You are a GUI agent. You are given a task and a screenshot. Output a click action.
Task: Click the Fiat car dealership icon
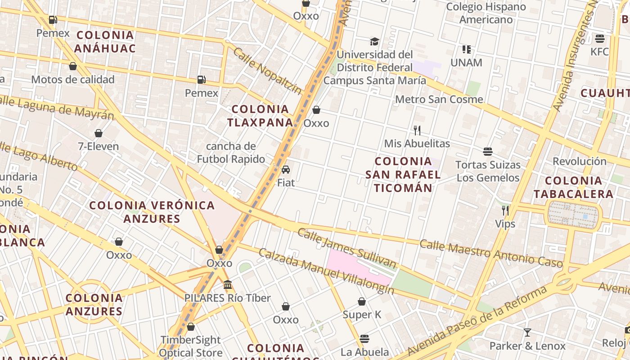coord(285,170)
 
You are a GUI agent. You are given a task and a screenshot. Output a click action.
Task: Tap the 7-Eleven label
coord(98,146)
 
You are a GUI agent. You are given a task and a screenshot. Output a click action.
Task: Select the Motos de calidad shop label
coord(73,80)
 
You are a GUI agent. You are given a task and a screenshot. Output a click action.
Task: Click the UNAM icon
coord(466,49)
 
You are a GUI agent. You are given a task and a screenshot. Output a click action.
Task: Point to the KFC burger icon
coord(599,38)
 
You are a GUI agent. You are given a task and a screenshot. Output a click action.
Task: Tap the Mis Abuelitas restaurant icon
coord(417,130)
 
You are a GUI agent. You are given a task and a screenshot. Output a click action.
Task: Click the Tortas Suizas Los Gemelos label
coord(488,171)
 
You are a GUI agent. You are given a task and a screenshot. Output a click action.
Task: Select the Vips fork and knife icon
coord(505,211)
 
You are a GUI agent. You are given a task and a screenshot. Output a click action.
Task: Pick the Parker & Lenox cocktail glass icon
coord(527,333)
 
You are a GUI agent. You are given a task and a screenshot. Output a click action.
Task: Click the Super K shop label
coord(362,315)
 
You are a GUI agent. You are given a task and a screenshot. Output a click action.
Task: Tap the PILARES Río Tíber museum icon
coord(228,285)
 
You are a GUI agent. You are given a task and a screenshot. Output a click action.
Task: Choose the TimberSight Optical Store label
coord(191,346)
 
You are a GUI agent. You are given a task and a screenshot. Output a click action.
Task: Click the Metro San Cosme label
coord(439,99)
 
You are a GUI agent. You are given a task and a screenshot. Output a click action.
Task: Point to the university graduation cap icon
coord(374,42)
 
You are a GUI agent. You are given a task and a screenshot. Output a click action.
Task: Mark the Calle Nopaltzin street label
coord(268,71)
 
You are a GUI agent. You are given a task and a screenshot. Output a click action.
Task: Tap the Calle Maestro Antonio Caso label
coord(490,253)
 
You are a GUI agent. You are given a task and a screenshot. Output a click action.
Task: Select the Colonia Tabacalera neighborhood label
coord(573,187)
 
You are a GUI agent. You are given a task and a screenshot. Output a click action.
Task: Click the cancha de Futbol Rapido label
coord(231,153)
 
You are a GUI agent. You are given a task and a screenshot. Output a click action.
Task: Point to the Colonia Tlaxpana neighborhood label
coord(260,116)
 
